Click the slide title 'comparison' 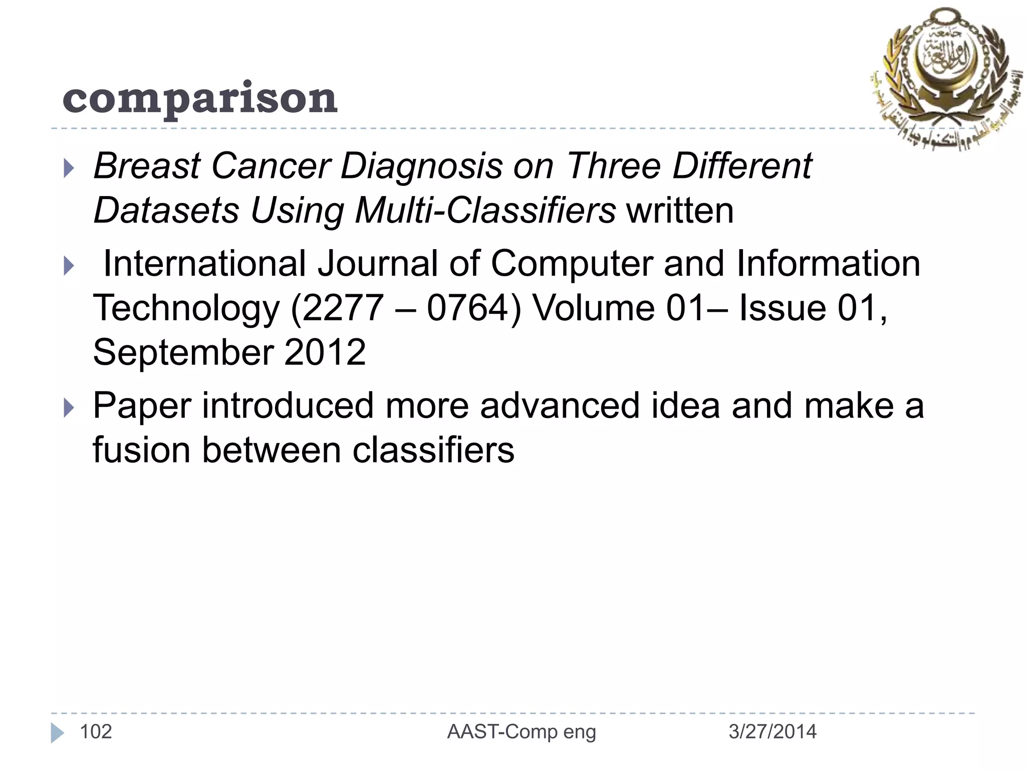point(200,98)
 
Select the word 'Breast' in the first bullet point(147,166)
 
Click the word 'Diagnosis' point(421,166)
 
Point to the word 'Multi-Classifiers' point(485,211)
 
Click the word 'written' point(680,211)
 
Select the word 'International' point(204,264)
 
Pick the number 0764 point(467,308)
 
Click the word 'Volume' point(593,308)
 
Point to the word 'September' point(182,352)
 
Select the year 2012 point(325,352)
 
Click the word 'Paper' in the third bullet point(142,406)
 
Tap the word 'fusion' point(141,450)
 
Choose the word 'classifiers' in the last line point(433,450)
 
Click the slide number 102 point(96,732)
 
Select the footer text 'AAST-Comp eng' point(522,732)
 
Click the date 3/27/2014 point(772,732)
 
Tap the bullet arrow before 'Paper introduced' point(69,408)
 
